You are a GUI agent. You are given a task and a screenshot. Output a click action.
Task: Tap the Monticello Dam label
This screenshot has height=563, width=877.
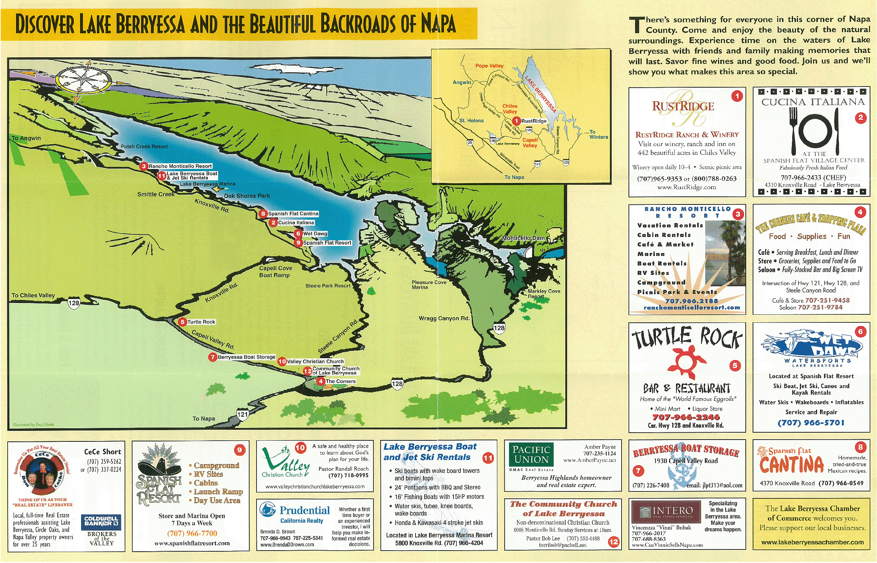[523, 238]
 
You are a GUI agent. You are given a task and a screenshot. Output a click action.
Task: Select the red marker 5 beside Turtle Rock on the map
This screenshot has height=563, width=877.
[182, 322]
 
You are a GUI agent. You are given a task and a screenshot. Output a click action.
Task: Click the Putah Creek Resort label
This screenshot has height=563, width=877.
[144, 147]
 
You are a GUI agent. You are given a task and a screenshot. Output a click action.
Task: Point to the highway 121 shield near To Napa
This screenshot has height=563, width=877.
[242, 414]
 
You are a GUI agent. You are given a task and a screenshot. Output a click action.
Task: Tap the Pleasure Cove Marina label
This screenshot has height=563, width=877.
[429, 285]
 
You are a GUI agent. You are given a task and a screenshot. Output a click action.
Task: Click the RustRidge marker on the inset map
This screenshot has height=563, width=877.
[516, 120]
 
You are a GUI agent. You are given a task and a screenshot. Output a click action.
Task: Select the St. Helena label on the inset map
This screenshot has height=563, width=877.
[471, 120]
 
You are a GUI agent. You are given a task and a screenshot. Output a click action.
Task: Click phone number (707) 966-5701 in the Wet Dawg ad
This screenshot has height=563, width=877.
[811, 423]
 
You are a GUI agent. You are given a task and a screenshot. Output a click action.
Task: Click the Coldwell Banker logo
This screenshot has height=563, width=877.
[101, 521]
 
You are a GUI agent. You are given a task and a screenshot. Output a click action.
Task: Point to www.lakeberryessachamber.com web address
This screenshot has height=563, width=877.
[812, 543]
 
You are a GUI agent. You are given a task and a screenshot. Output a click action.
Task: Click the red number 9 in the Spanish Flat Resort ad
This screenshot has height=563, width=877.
[240, 450]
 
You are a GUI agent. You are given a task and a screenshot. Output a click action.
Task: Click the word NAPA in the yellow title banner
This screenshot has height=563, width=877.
[438, 24]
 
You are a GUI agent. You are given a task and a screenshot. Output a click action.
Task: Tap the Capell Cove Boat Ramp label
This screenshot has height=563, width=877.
[275, 272]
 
